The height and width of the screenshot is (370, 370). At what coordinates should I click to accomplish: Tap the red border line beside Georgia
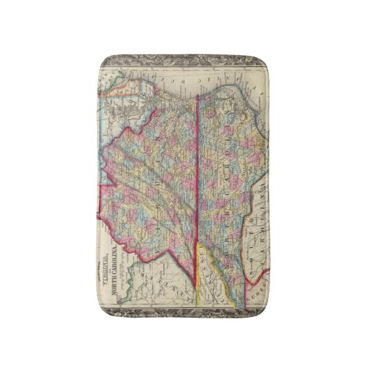[x=244, y=279]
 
